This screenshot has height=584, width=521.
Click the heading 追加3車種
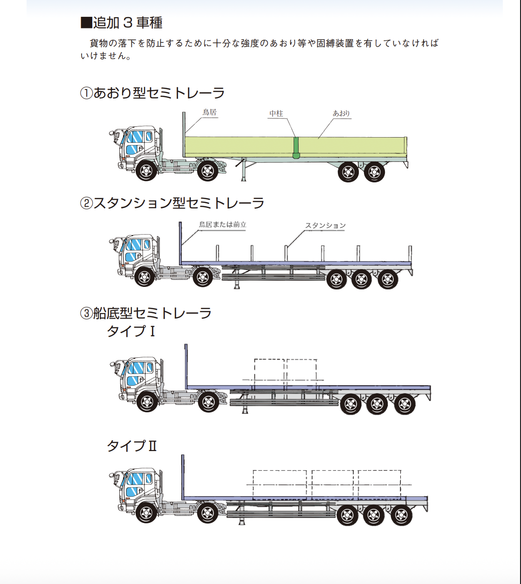pos(122,23)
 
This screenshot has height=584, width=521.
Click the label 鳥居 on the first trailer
pos(210,112)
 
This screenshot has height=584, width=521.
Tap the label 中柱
pos(276,113)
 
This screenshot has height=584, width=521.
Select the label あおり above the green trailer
pos(341,113)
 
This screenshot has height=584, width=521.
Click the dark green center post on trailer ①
pos(295,148)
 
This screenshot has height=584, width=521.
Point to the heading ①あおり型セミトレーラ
pos(152,93)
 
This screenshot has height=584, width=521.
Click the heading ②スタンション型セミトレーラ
pos(172,203)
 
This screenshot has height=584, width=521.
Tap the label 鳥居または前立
pos(223,225)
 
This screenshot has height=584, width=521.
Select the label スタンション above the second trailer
pos(325,226)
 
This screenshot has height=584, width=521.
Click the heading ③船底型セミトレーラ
pos(146,313)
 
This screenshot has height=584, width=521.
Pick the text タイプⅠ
pos(131,331)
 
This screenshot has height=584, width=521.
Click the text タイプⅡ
pos(132,446)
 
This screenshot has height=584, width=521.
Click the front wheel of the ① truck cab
pos(146,171)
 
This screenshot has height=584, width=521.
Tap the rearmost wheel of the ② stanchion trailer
pos(388,279)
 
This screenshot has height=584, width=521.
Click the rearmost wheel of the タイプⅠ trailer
pos(404,404)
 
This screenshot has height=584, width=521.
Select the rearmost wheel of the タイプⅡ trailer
pos(401,515)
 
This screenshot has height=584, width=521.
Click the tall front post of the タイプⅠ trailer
pos(186,366)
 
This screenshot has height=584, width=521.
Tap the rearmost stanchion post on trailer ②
pos(410,254)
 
